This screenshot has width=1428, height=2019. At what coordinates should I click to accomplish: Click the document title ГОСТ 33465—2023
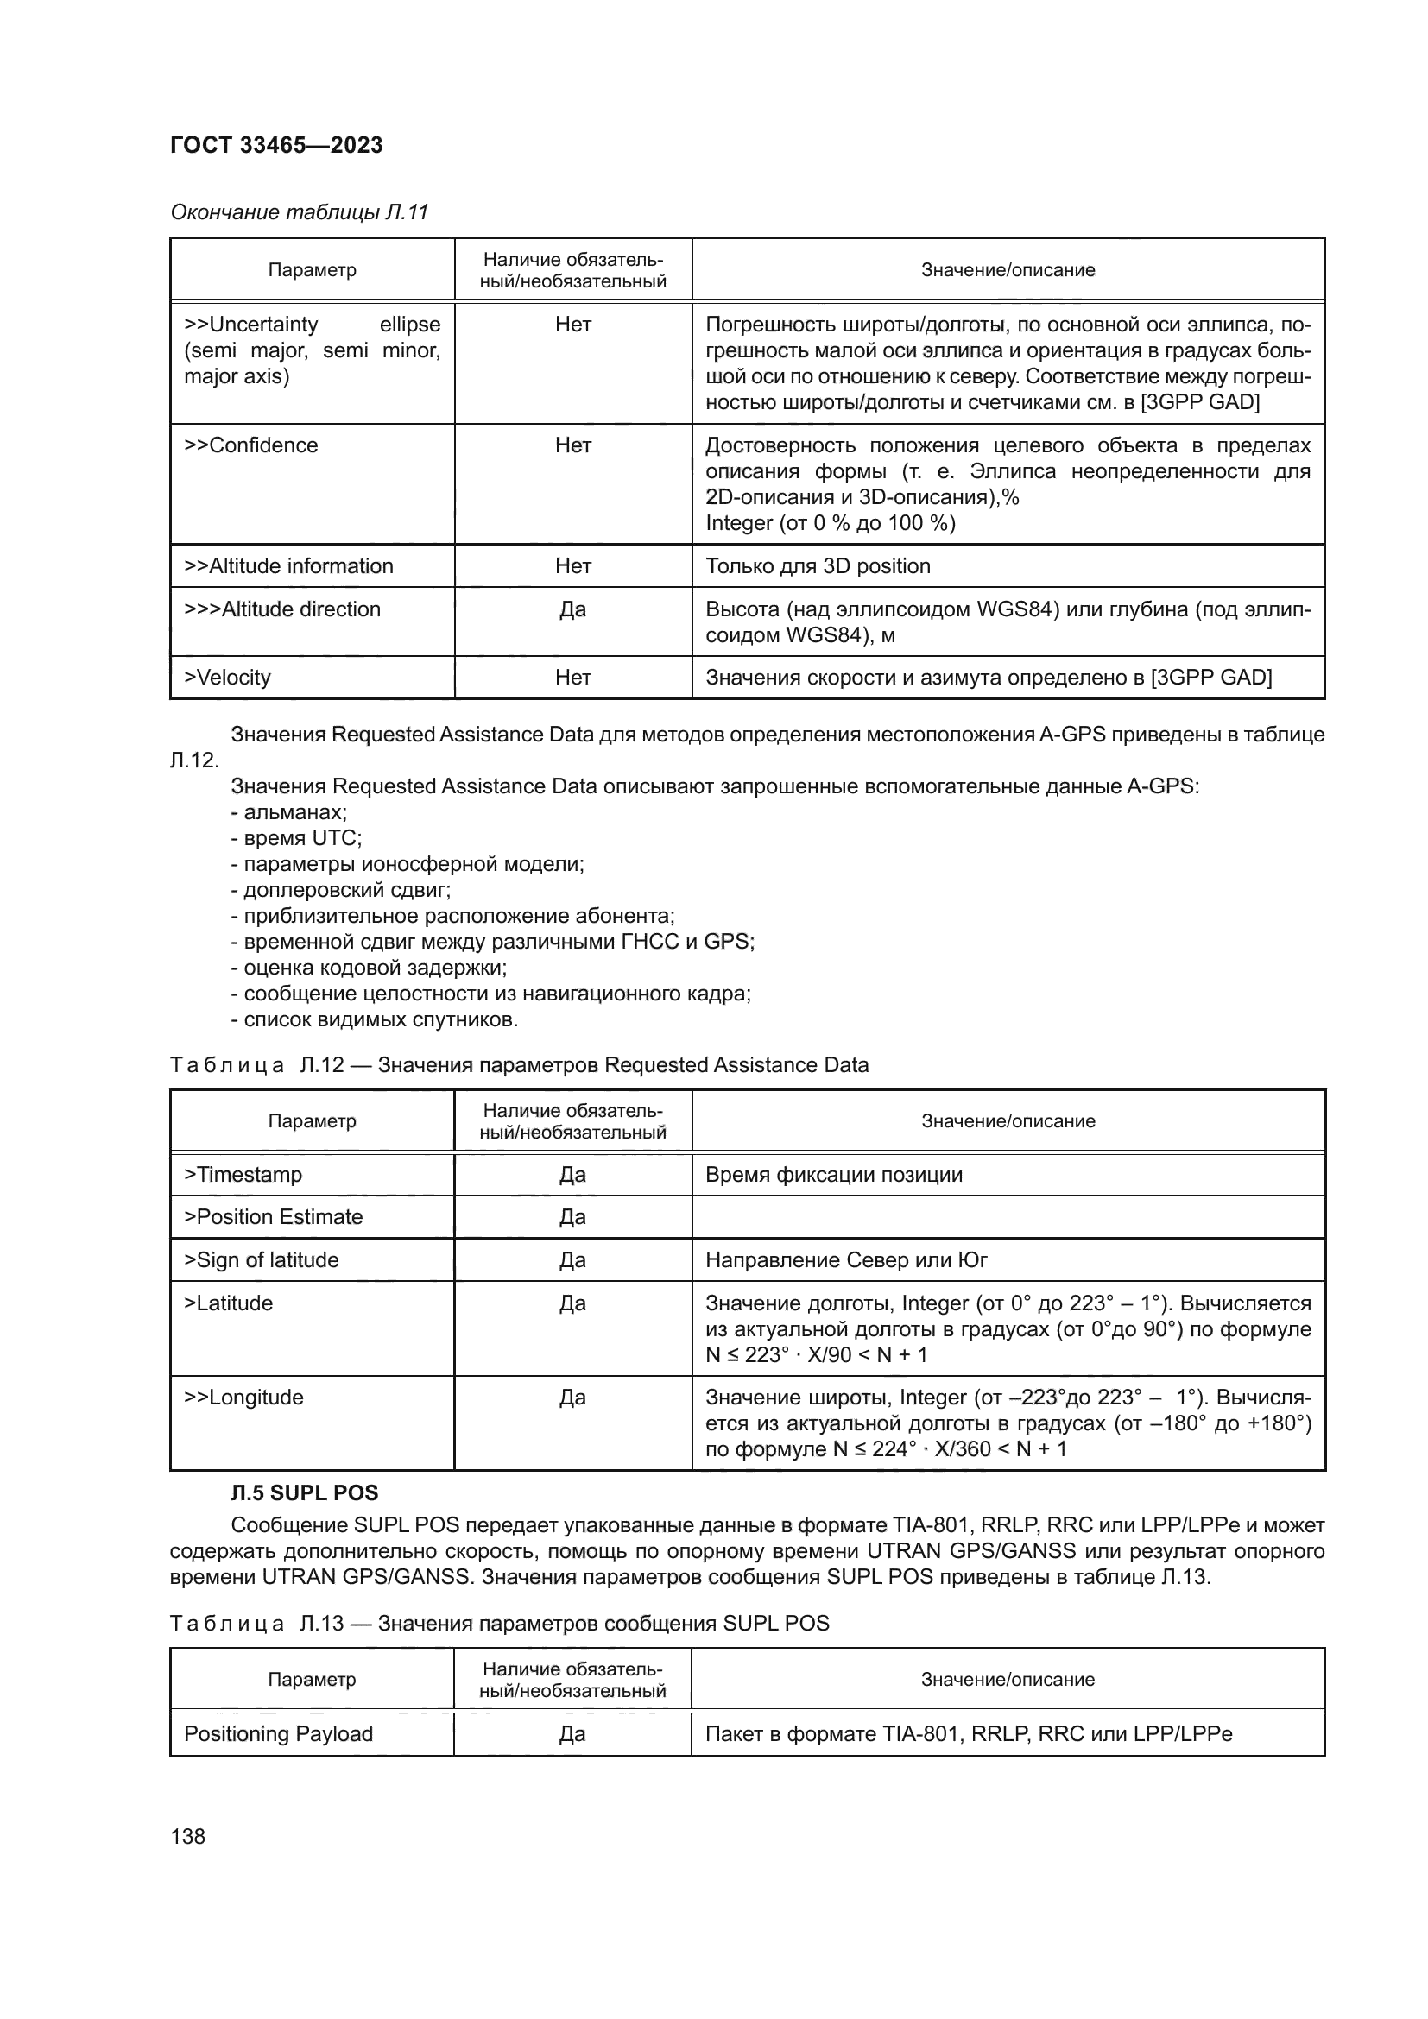[276, 145]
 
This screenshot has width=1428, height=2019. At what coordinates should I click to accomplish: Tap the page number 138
[187, 1836]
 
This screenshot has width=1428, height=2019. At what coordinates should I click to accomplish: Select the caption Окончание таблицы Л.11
[299, 212]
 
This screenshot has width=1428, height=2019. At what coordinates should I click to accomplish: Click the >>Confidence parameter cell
[250, 445]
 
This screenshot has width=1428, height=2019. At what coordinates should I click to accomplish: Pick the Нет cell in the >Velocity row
[572, 677]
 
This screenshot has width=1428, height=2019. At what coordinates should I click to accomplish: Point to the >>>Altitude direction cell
[282, 609]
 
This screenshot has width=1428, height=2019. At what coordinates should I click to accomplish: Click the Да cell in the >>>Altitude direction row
[572, 609]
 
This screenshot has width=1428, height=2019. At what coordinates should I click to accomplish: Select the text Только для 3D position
[818, 566]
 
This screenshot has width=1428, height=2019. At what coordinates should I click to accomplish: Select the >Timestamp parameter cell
[243, 1175]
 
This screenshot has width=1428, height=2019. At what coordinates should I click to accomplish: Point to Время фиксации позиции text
[834, 1175]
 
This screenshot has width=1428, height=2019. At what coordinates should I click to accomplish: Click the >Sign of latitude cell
[261, 1260]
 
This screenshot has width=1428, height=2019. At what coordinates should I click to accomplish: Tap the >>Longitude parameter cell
[243, 1398]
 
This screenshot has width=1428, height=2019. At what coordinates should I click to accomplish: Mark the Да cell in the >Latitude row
[572, 1303]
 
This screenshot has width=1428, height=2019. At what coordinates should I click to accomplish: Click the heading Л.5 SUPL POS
[304, 1493]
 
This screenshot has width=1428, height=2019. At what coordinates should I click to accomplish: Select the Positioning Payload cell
[278, 1734]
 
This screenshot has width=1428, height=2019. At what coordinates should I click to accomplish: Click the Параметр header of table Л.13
[313, 1680]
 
